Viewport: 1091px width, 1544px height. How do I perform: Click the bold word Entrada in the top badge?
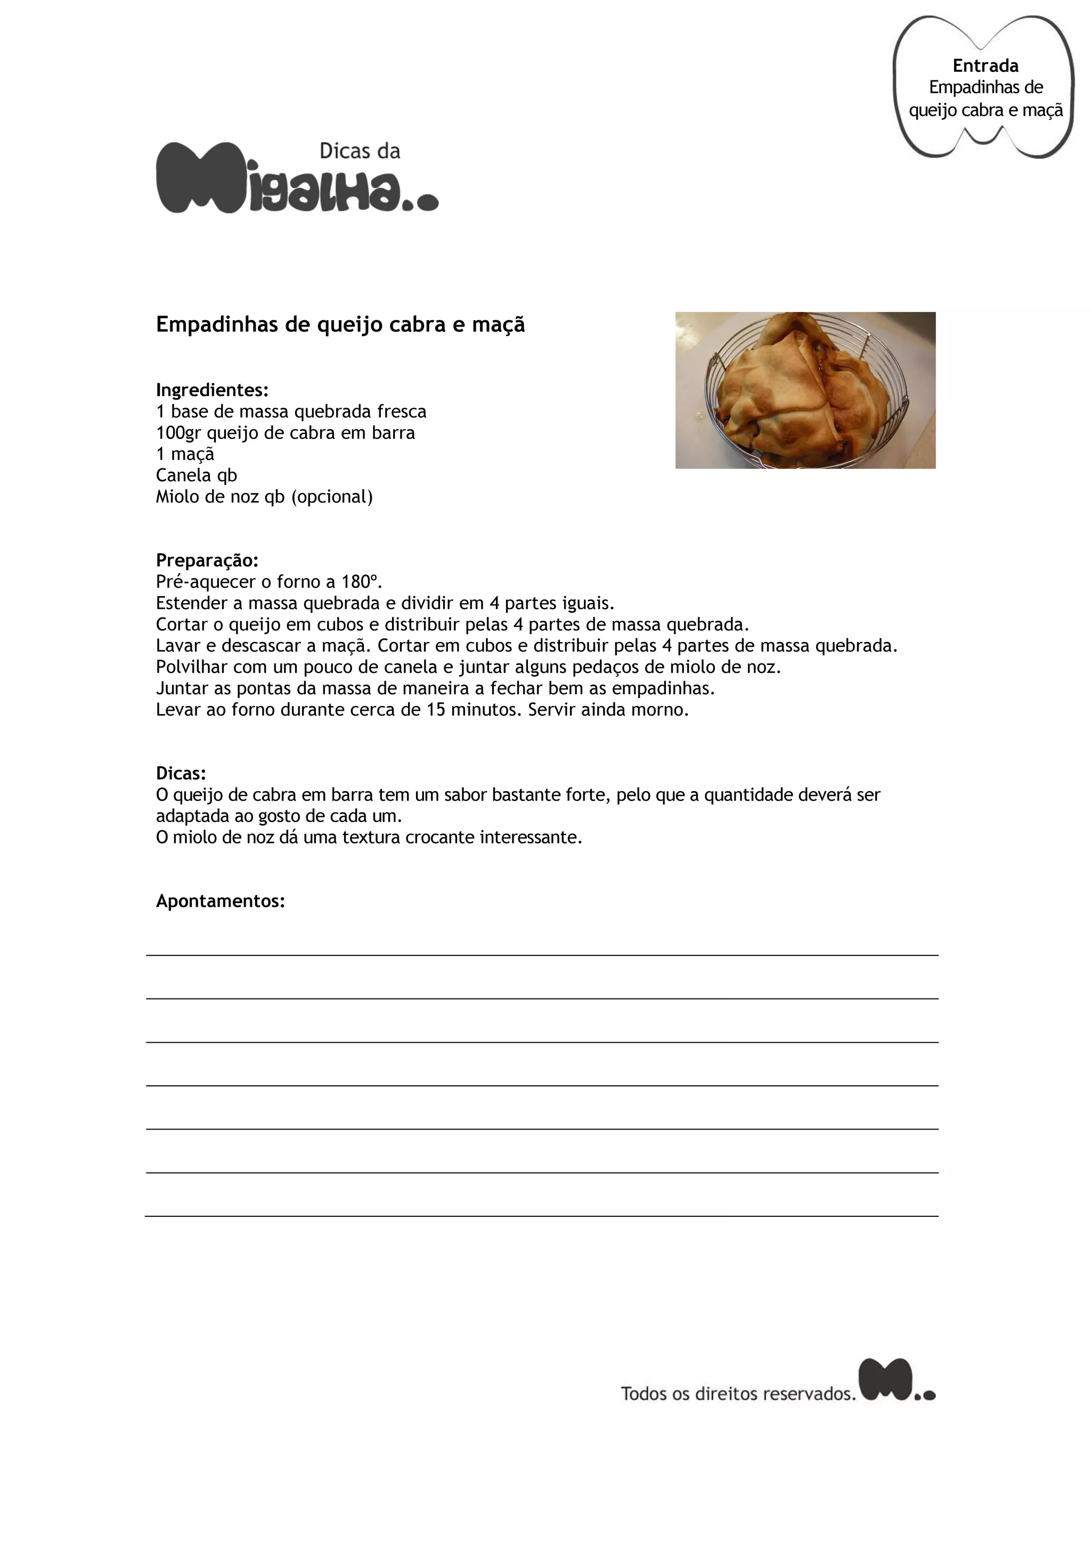point(985,66)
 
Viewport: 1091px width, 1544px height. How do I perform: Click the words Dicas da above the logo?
point(360,151)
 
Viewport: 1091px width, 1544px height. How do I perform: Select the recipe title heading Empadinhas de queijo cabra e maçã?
point(340,325)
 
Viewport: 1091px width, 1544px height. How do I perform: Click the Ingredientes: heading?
point(211,390)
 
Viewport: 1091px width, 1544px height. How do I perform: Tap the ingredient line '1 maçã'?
point(185,454)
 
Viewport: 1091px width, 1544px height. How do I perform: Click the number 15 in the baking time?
point(436,710)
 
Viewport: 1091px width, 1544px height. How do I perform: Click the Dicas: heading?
point(181,774)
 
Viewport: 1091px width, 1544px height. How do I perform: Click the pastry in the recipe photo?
point(803,390)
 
